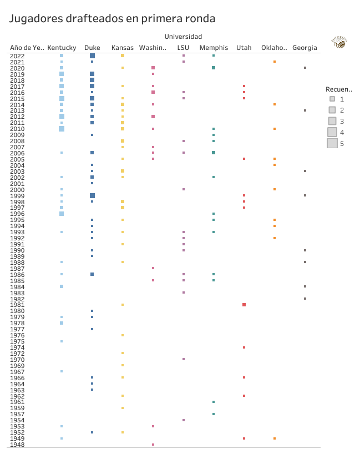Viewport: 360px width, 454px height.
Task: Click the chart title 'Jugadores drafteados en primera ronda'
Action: point(112,19)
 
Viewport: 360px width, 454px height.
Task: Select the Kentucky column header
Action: point(62,48)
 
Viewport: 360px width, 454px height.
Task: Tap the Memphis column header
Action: point(214,48)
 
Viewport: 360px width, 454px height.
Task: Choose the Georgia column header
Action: point(305,48)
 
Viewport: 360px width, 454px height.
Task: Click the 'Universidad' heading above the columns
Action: point(183,36)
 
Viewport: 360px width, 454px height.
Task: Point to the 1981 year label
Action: point(17,305)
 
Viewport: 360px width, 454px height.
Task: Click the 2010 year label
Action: point(17,129)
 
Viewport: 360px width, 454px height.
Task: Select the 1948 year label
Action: point(17,445)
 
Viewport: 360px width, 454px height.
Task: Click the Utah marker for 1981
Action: point(244,305)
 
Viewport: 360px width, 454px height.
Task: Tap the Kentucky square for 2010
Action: point(62,129)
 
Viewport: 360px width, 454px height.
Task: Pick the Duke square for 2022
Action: point(92,56)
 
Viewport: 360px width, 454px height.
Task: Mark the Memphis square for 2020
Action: point(214,68)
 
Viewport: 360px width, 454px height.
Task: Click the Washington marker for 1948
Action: point(153,445)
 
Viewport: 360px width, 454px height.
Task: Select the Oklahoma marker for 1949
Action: point(275,438)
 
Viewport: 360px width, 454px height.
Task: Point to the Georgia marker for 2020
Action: point(305,68)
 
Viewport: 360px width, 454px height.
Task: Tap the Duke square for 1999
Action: point(92,195)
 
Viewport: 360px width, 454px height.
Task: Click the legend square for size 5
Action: point(332,143)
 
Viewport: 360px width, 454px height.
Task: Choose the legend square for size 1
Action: point(332,99)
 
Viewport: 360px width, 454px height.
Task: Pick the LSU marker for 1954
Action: point(184,420)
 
